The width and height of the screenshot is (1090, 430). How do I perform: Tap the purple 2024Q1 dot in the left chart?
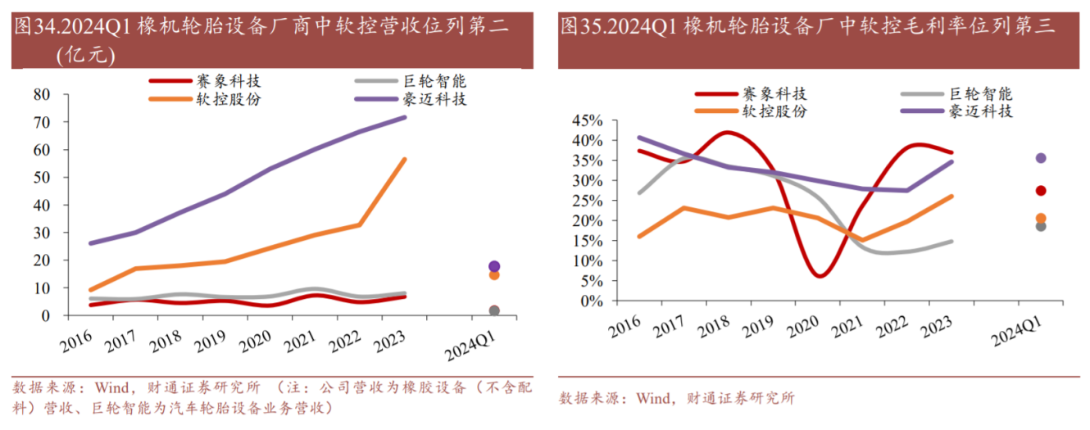click(494, 266)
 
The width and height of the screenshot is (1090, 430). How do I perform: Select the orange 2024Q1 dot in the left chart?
click(494, 275)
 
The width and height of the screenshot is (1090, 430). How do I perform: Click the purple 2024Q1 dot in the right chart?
click(1041, 158)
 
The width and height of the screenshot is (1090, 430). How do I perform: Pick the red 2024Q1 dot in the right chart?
click(1041, 191)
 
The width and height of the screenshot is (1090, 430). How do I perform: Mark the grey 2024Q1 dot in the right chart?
click(1041, 226)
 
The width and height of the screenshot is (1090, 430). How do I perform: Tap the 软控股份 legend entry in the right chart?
click(774, 111)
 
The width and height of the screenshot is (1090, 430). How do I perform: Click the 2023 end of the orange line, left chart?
click(405, 160)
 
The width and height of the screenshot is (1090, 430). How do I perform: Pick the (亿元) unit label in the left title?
click(85, 56)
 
